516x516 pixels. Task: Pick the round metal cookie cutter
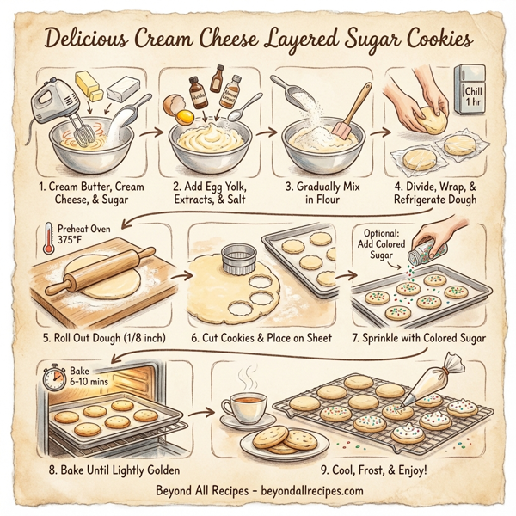pos(236,258)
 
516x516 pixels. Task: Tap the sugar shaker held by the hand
pos(424,251)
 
